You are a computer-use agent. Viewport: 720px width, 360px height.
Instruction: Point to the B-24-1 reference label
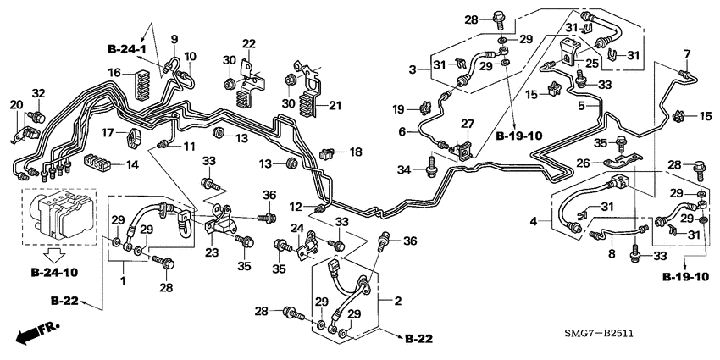127,49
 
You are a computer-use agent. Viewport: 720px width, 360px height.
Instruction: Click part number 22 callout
248,44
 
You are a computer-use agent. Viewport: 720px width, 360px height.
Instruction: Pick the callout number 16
114,75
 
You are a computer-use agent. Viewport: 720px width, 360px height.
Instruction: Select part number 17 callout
108,133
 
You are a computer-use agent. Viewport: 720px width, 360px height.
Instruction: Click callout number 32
37,93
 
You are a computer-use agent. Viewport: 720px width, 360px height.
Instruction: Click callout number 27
467,125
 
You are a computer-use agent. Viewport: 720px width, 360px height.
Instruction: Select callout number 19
399,108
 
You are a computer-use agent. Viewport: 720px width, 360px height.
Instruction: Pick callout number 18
356,151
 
